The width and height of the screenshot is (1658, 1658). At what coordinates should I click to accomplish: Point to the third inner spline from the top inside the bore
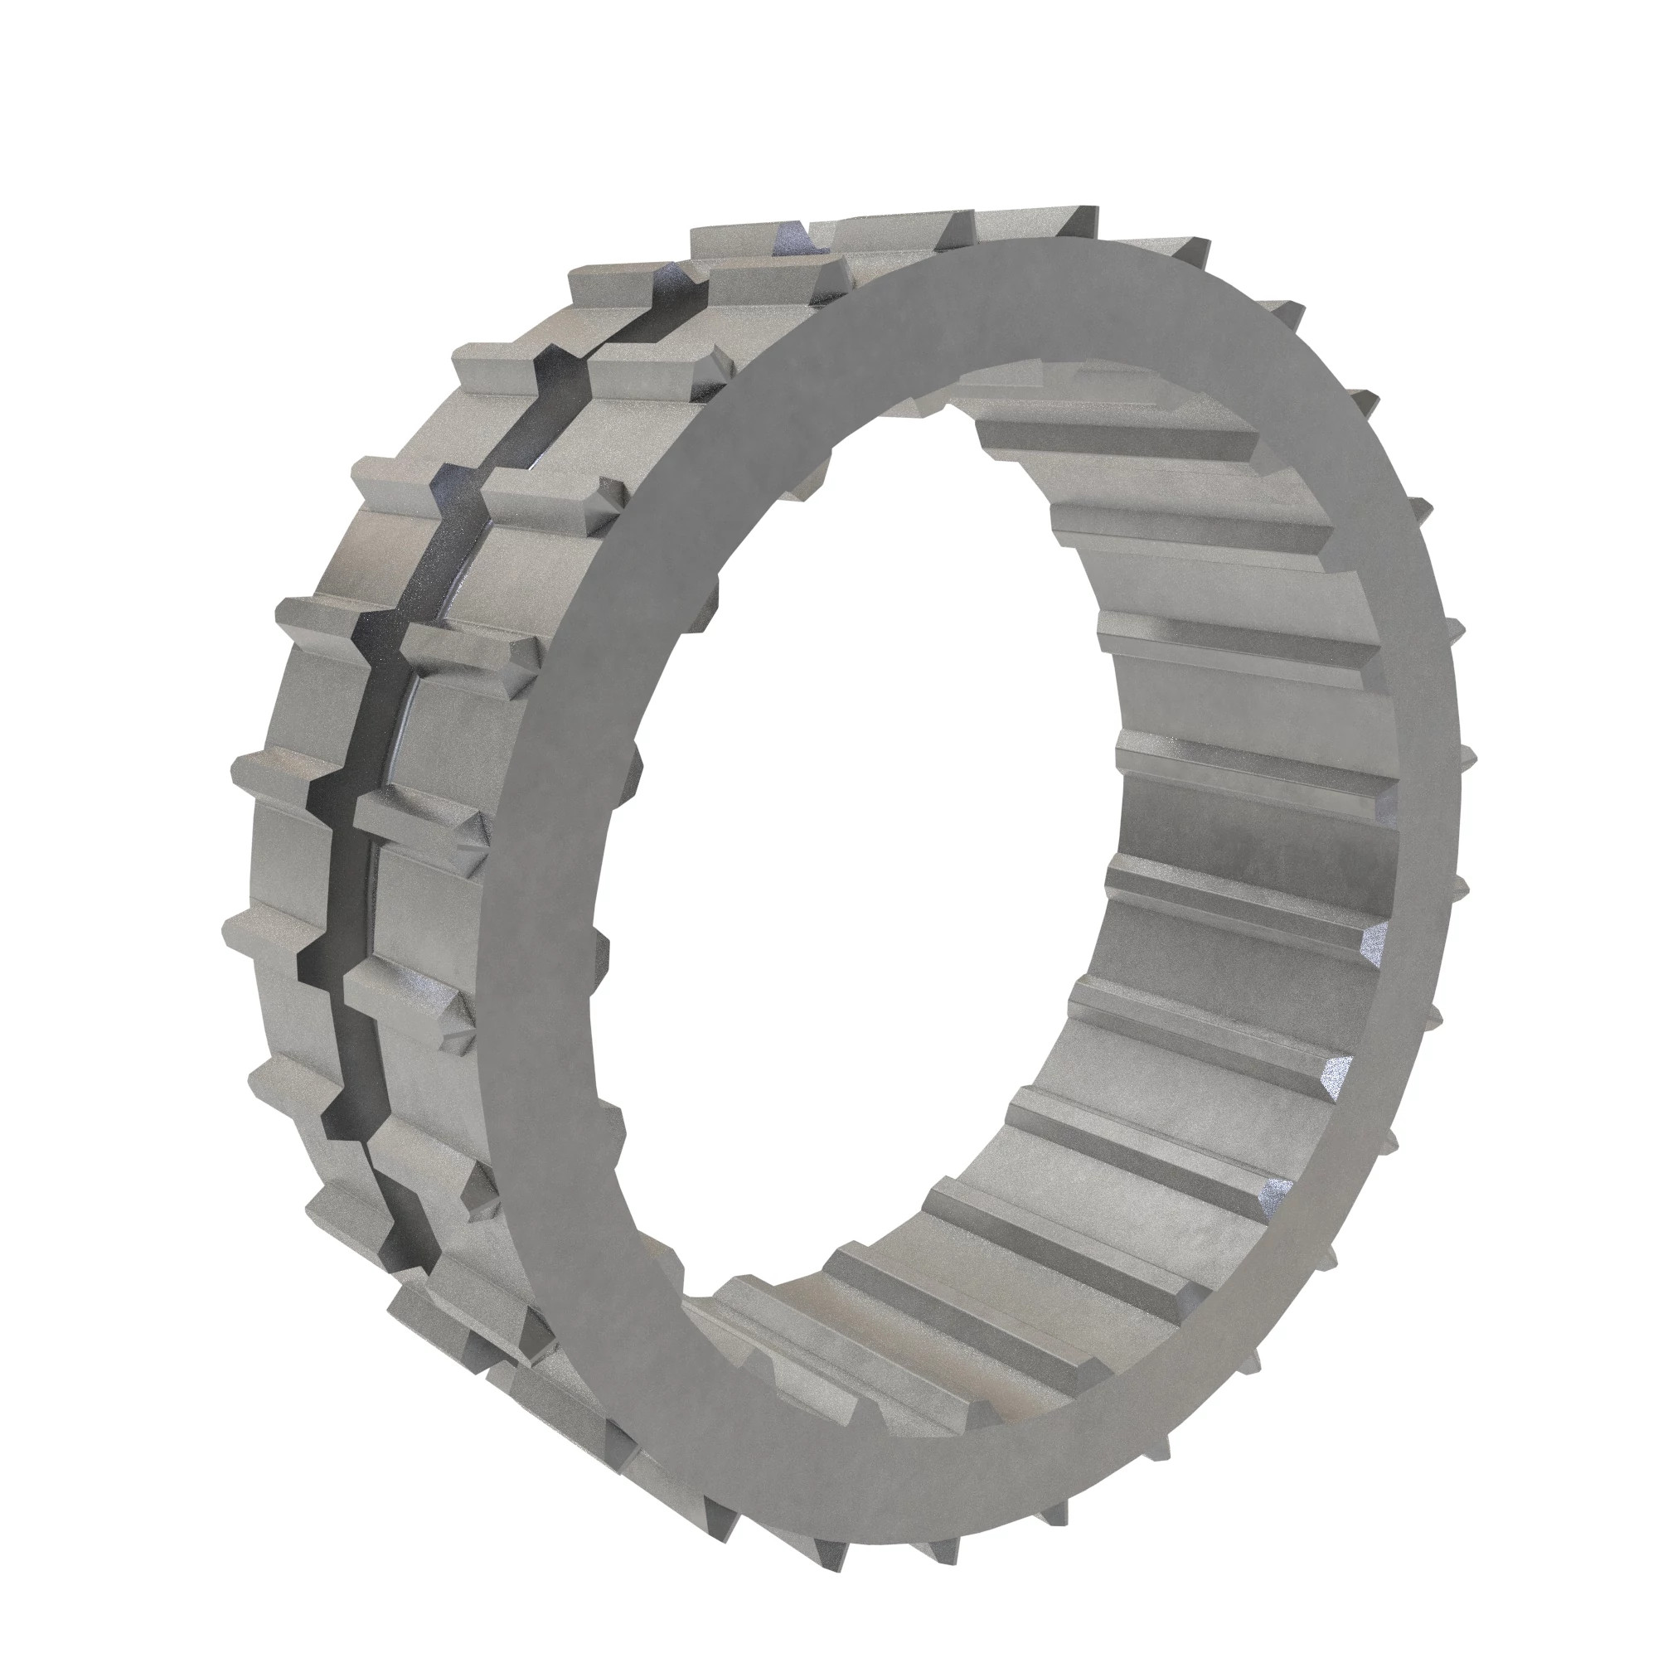point(1227,639)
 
